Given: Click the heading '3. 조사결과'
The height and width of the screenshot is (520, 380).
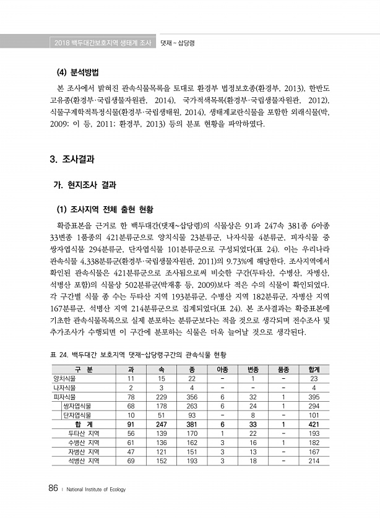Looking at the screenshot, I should (x=72, y=159).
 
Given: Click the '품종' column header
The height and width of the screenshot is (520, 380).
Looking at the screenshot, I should (x=283, y=370).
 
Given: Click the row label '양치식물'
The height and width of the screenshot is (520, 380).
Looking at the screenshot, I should (x=65, y=378).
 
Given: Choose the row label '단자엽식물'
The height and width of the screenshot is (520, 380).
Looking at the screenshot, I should (x=77, y=415).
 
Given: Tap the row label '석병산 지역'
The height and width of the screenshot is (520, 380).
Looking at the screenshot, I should (x=84, y=461).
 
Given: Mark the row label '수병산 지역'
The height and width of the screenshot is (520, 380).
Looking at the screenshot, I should (x=84, y=443).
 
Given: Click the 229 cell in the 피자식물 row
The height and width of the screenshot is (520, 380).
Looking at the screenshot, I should (x=161, y=397).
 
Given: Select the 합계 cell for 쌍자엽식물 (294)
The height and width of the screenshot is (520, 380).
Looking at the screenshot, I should (x=313, y=405).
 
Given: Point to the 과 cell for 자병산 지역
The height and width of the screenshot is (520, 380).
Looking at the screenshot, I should (x=131, y=452).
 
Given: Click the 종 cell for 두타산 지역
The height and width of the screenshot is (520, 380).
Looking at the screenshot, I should (x=191, y=433).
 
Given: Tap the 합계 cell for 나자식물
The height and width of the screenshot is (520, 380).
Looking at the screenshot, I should (x=313, y=388).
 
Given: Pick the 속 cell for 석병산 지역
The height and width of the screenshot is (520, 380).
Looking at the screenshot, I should (x=161, y=461).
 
